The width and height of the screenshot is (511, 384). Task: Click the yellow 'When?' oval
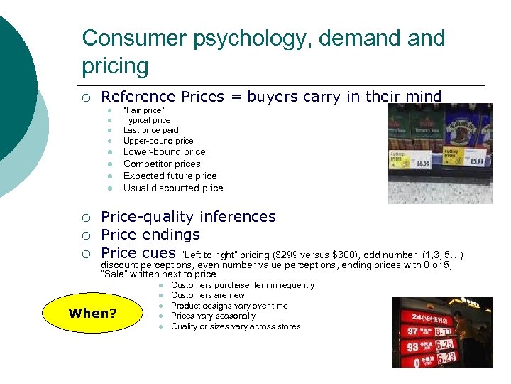(x=92, y=313)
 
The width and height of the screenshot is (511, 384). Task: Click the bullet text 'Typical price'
(x=147, y=120)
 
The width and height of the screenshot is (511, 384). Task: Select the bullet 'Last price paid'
(x=150, y=130)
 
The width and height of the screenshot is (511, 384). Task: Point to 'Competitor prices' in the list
(x=162, y=164)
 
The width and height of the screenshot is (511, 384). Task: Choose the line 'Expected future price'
(x=170, y=176)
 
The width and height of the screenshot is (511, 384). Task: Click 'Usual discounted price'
(x=173, y=188)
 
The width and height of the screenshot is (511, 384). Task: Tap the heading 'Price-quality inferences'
(x=188, y=217)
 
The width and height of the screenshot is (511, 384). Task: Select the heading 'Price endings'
(x=150, y=235)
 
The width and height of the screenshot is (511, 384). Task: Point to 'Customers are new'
(x=207, y=295)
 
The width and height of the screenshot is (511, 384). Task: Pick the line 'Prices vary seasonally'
(x=213, y=316)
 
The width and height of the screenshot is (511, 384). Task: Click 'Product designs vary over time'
(x=229, y=306)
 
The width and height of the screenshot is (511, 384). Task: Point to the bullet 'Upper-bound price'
(x=158, y=141)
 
